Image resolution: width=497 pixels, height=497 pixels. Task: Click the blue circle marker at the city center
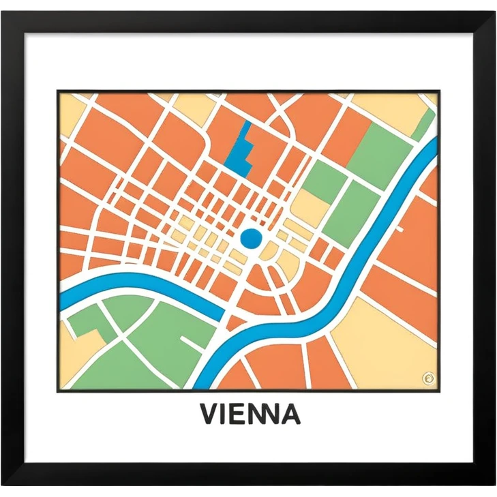pyautogui.click(x=251, y=238)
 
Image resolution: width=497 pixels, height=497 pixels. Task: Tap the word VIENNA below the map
pyautogui.click(x=250, y=413)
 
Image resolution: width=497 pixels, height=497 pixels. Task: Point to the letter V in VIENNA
pyautogui.click(x=209, y=413)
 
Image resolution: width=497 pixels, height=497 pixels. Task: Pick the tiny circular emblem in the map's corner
pyautogui.click(x=427, y=377)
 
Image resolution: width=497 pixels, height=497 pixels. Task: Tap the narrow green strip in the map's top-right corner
pyautogui.click(x=425, y=124)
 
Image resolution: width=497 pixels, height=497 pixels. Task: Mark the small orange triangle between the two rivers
pyautogui.click(x=236, y=321)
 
